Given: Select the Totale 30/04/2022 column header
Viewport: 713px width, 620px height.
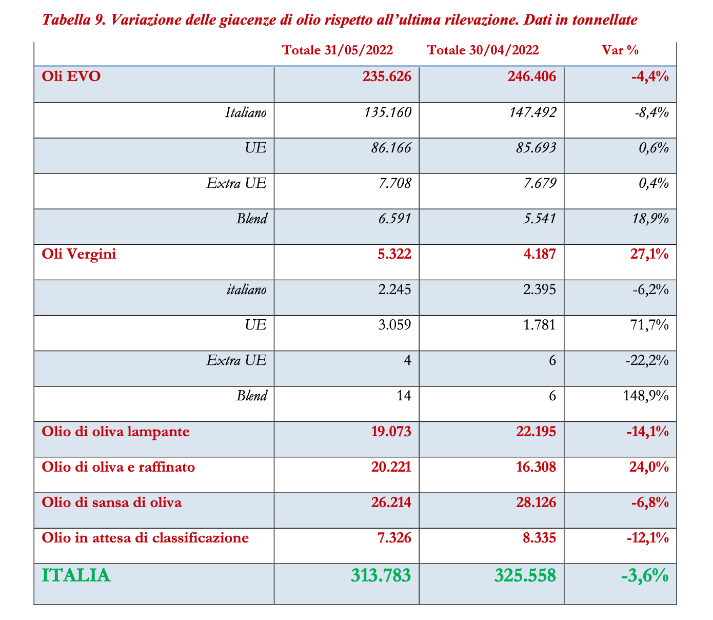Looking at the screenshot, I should click(483, 50).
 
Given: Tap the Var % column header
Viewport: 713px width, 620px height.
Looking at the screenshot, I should click(620, 50).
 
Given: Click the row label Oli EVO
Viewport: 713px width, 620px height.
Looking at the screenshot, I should click(71, 76).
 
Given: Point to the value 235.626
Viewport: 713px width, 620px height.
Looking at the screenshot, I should click(387, 76).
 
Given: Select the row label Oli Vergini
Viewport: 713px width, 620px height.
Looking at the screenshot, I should click(79, 254).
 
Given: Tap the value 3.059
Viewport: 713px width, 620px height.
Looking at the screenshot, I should click(394, 325).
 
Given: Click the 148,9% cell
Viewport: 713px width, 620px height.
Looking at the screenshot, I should click(645, 396).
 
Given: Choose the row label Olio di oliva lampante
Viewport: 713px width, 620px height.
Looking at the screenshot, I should click(116, 432).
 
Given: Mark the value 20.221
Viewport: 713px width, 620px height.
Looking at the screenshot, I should click(390, 467).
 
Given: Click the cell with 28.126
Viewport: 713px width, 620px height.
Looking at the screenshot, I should click(536, 502).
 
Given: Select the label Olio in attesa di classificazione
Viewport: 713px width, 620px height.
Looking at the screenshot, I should click(146, 538).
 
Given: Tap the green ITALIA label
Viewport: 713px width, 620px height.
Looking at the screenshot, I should click(76, 575).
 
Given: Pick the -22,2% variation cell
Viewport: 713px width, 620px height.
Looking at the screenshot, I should click(647, 360).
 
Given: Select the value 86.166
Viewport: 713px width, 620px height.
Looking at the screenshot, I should click(390, 148).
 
